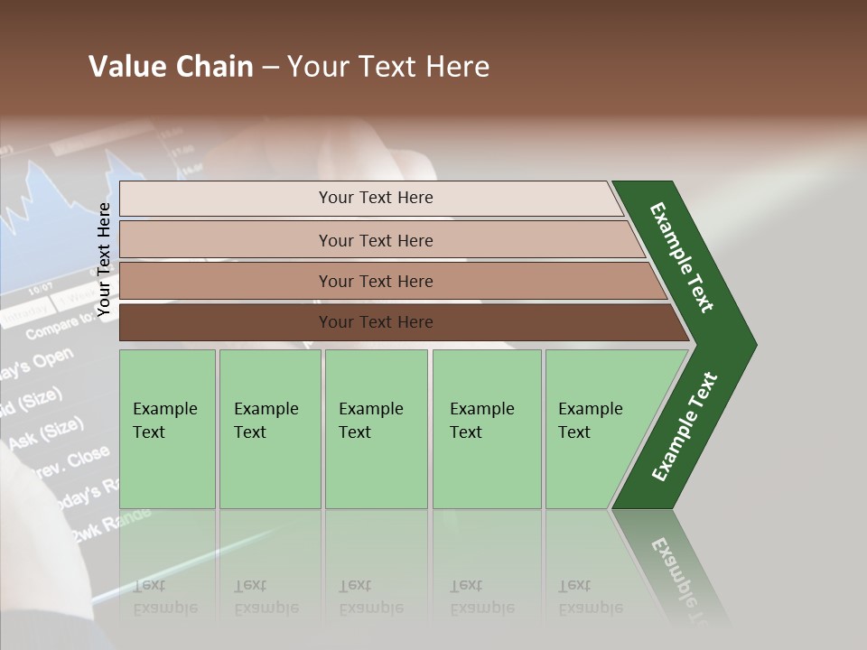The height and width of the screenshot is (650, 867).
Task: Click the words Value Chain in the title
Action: point(171,67)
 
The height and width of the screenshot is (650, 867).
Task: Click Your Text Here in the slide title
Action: point(388,67)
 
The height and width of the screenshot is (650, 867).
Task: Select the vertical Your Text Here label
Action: point(104,260)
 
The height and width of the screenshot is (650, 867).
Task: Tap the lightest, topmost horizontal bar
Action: point(375,198)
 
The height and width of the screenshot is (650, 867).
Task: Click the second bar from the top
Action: point(375,240)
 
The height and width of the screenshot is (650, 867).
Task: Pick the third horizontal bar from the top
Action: point(375,281)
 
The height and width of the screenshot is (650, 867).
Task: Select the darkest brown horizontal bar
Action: point(375,322)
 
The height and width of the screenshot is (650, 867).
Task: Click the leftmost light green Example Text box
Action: point(167,429)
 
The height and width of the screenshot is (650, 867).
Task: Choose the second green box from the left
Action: point(270,429)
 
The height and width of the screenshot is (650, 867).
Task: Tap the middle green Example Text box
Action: point(376,429)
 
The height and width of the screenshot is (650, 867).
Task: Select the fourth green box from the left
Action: point(487,429)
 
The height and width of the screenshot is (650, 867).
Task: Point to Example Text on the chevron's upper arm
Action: point(683,256)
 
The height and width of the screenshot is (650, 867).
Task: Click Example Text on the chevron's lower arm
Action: point(685,427)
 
